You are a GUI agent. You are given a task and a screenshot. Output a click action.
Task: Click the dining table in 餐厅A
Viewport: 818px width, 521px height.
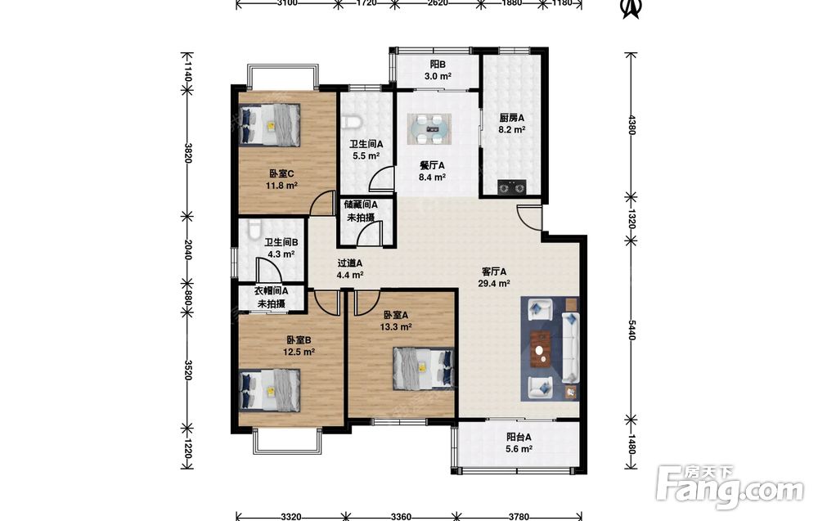point(429,128)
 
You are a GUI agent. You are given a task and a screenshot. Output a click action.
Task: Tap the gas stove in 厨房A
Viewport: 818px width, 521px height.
point(511,186)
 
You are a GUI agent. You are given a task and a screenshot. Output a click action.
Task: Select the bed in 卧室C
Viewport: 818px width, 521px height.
point(270,124)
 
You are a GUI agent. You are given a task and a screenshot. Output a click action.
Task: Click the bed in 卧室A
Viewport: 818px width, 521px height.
point(423,368)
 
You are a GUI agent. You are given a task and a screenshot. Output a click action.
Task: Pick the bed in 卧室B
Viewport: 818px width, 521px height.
point(270,389)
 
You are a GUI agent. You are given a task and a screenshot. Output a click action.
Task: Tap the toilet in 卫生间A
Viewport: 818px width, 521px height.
point(351,123)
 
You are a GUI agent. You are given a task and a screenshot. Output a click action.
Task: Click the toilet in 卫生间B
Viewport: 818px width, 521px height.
point(254,229)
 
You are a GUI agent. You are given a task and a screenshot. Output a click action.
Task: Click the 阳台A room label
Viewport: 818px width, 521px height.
point(519,438)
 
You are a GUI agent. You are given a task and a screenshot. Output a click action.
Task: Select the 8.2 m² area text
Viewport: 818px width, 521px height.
point(511,130)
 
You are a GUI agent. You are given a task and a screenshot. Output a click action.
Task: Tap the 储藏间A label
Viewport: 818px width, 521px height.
point(361,205)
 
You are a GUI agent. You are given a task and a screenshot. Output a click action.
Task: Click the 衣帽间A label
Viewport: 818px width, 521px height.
point(272,291)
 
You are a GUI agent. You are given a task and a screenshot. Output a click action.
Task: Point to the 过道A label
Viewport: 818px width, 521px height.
point(349,263)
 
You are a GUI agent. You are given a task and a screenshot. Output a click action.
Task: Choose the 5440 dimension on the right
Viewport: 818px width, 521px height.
point(631,330)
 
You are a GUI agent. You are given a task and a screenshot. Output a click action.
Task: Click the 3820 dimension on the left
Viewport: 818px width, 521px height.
point(187,153)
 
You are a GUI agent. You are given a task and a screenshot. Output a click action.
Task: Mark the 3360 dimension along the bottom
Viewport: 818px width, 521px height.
point(401,517)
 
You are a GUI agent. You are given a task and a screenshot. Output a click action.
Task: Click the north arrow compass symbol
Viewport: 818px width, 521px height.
point(631,8)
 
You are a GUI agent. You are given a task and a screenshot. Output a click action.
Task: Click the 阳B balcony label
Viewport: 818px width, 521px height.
point(437,65)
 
